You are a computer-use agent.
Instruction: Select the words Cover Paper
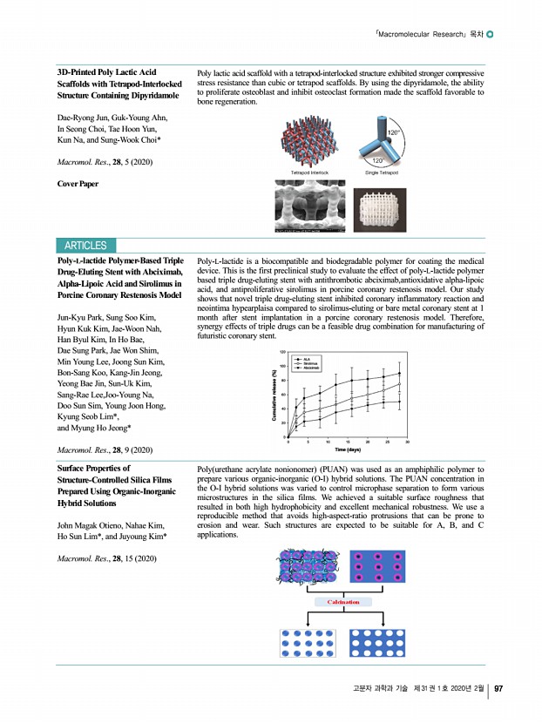click(x=78, y=185)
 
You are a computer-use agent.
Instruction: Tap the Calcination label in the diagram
click(x=342, y=602)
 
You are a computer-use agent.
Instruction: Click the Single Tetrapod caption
click(x=383, y=173)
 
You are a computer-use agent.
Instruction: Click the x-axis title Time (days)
click(x=348, y=449)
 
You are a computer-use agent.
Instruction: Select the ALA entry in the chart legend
click(x=308, y=358)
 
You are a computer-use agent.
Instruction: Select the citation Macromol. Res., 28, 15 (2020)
click(x=106, y=557)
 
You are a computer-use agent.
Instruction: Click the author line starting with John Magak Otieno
click(x=110, y=526)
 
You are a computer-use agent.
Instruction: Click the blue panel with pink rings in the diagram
click(x=377, y=567)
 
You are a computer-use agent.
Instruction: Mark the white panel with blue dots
click(x=308, y=643)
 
